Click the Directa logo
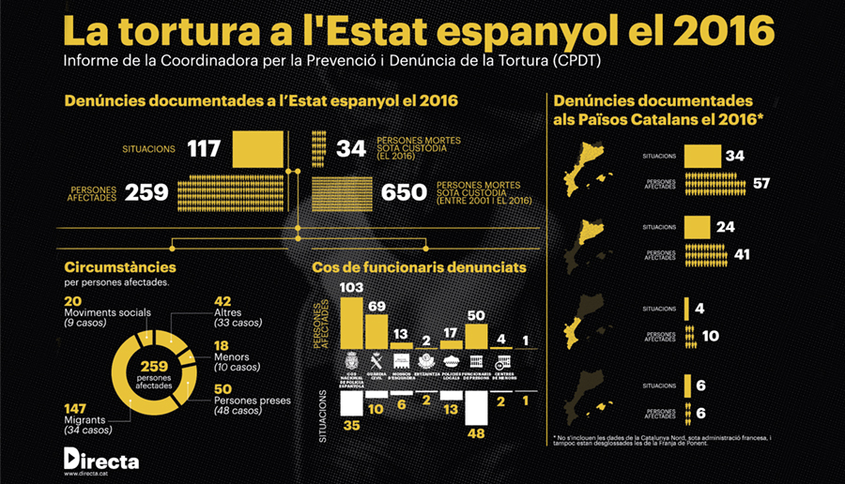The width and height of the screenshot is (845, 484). point(100,460)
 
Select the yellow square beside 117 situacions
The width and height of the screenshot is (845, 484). point(258,148)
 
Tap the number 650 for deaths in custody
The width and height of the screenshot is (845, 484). point(406,193)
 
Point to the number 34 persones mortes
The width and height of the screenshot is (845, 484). point(352,148)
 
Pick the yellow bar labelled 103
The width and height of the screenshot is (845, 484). point(351,323)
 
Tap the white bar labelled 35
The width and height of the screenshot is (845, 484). point(351,403)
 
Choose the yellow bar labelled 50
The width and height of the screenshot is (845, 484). point(477,336)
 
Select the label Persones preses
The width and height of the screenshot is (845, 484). point(251,401)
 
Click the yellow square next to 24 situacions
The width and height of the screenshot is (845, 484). point(698,227)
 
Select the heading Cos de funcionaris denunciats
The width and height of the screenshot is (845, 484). point(419,268)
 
